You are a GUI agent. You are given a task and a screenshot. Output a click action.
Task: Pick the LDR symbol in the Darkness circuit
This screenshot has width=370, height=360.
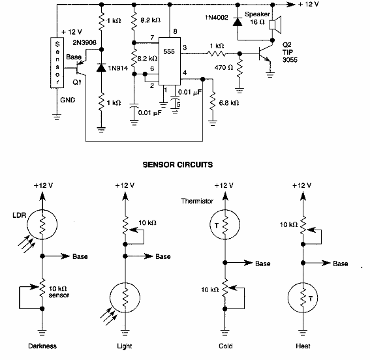tap(42, 226)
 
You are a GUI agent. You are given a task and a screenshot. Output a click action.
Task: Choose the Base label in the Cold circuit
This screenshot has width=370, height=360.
tap(262, 263)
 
